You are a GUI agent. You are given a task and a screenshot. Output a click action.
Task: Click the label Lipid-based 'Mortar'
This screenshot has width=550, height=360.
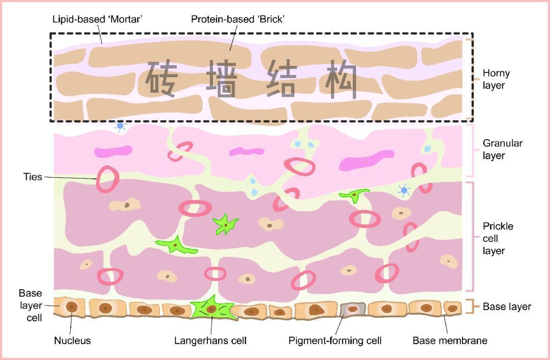tap(97, 19)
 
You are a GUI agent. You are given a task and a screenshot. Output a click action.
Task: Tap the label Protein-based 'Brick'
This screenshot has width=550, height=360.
tap(237, 19)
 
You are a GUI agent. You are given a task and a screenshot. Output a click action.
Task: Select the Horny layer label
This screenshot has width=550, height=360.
tap(496, 79)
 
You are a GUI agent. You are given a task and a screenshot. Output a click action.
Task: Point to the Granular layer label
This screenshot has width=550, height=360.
tap(502, 149)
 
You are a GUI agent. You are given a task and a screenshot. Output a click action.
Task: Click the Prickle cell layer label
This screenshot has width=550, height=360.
tap(498, 238)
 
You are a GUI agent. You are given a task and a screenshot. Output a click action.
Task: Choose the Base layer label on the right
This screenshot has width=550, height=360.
tap(506, 307)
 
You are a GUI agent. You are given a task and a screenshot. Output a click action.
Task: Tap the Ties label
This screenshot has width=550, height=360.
tap(33, 177)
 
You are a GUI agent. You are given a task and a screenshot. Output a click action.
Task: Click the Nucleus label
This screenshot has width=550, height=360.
tap(72, 341)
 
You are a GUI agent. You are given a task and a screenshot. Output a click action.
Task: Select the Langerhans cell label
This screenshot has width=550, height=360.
tap(210, 341)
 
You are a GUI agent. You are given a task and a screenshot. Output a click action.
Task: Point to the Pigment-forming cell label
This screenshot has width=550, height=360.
tap(335, 341)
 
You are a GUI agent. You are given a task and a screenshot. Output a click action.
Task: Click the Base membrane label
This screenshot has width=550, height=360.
tap(449, 341)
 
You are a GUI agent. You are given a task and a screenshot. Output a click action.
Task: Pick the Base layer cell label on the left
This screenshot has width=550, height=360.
tap(31, 306)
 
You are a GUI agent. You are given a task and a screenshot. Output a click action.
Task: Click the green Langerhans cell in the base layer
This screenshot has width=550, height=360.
tap(211, 308)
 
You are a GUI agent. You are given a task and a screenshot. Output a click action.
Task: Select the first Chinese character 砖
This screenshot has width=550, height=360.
tap(161, 79)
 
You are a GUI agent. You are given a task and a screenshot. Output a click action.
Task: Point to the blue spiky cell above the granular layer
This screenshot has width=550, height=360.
tap(120, 126)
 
